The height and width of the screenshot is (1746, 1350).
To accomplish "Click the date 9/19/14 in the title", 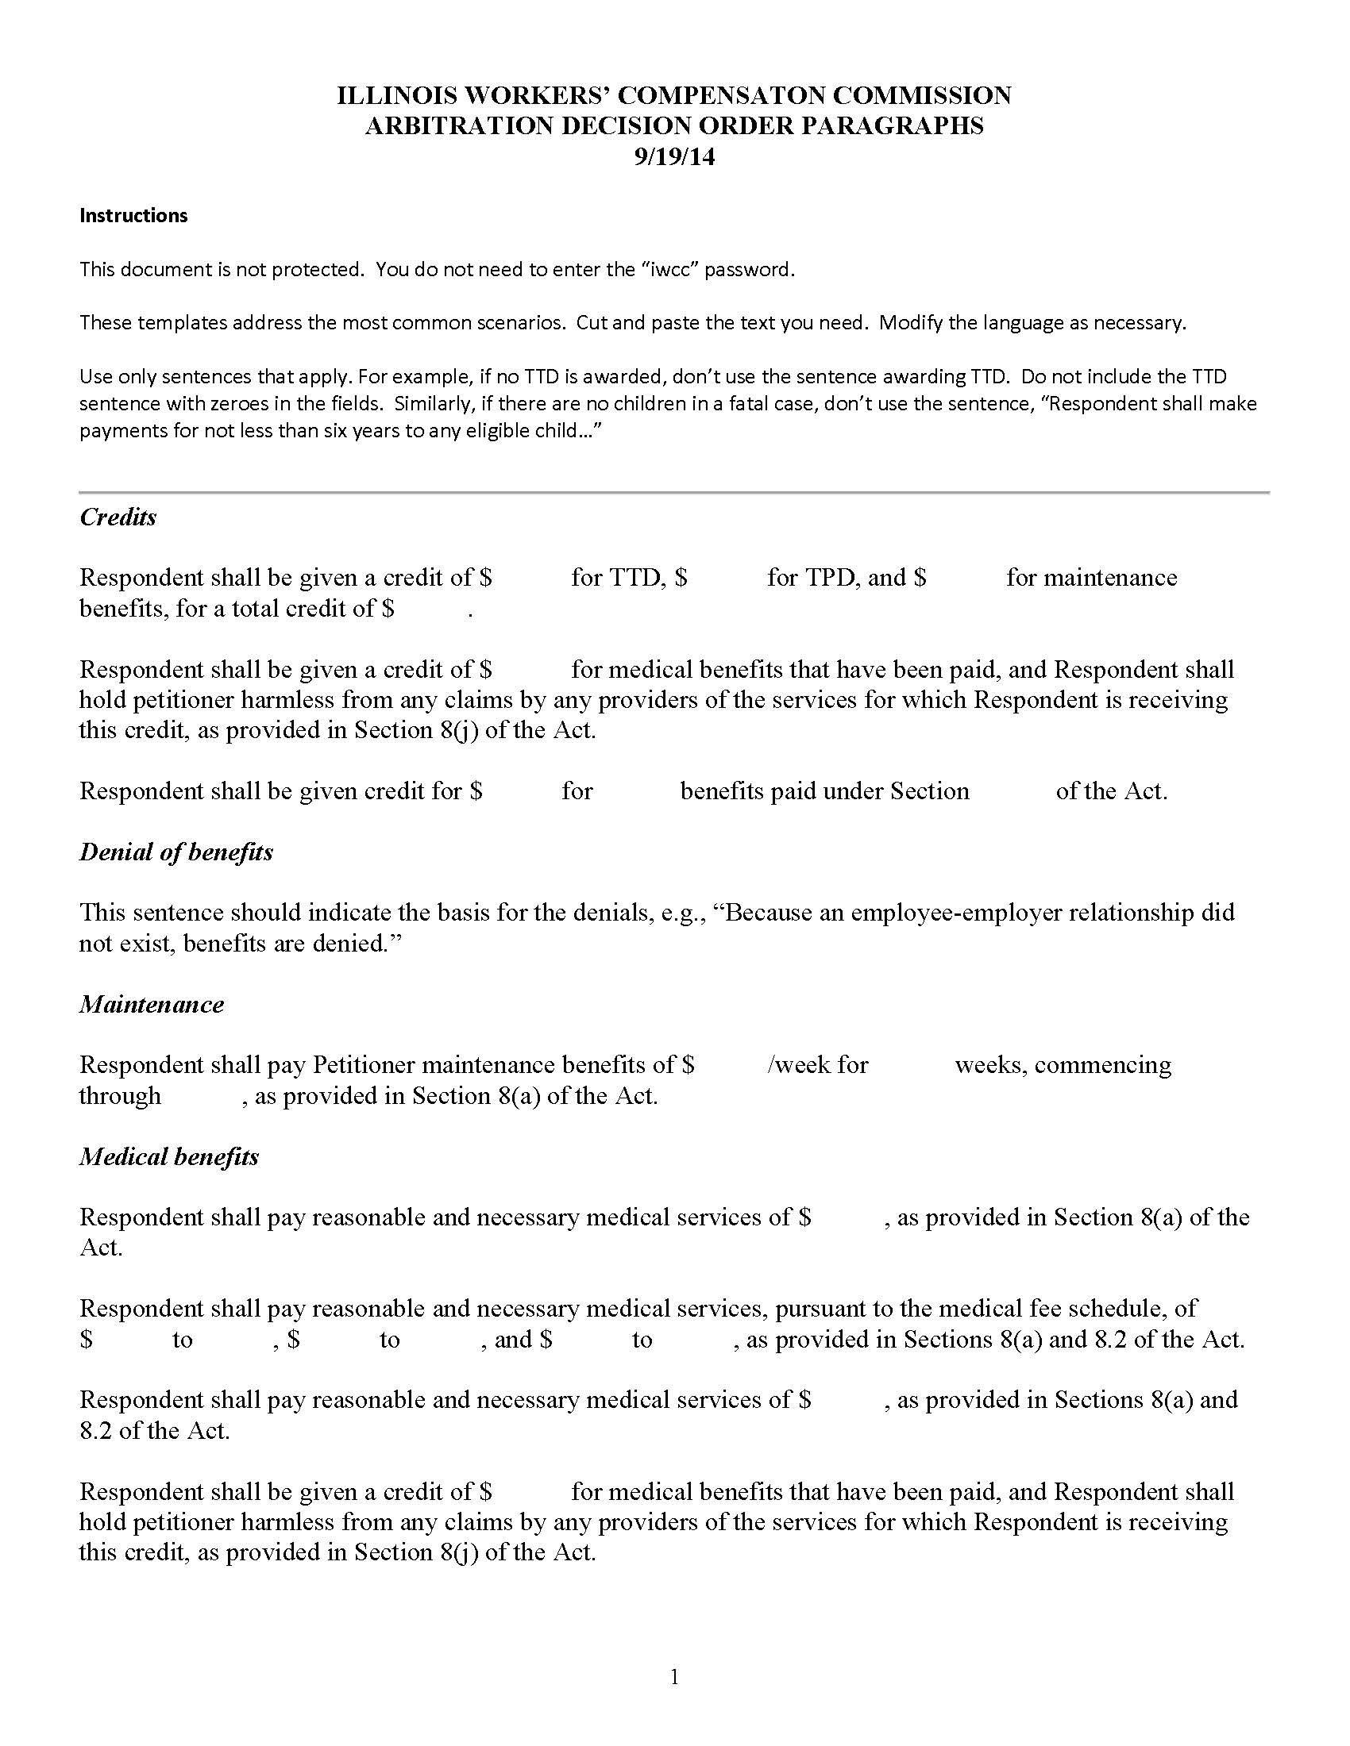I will click(674, 157).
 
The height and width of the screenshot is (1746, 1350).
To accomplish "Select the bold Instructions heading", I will click(133, 216).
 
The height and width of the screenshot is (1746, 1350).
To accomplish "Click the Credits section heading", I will click(118, 517).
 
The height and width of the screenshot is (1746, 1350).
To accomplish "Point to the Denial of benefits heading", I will click(176, 852).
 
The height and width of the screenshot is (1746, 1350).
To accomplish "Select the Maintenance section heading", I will click(151, 1005).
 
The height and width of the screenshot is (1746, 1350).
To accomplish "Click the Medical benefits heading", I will click(168, 1157).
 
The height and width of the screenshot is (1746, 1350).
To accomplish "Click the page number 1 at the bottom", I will click(674, 1676).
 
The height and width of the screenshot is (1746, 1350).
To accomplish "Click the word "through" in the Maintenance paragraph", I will click(120, 1096).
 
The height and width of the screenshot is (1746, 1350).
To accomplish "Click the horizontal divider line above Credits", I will click(674, 493).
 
